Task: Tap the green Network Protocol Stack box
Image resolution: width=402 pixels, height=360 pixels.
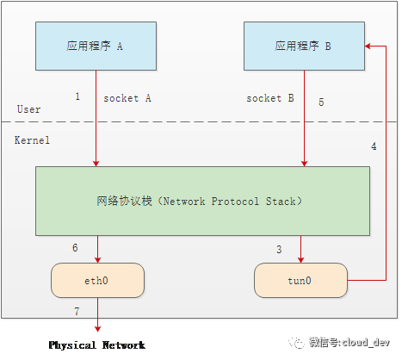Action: point(202,201)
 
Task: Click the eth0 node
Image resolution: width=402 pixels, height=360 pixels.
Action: point(96,280)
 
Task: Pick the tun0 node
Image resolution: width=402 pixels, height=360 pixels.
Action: point(301,280)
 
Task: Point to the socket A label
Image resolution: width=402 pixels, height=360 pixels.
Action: point(127,98)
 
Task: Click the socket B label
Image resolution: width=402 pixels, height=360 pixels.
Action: point(270,98)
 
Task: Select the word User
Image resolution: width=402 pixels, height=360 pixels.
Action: point(28,109)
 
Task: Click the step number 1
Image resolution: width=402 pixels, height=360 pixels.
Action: point(77,96)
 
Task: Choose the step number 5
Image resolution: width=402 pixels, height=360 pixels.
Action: point(321,102)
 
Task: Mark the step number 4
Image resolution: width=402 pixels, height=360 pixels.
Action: point(374,146)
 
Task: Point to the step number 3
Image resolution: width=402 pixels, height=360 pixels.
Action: point(278,249)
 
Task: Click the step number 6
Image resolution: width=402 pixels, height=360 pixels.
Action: point(75,248)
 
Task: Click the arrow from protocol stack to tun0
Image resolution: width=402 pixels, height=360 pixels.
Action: point(301,249)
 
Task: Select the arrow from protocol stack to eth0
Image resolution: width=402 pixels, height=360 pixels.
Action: point(96,249)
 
